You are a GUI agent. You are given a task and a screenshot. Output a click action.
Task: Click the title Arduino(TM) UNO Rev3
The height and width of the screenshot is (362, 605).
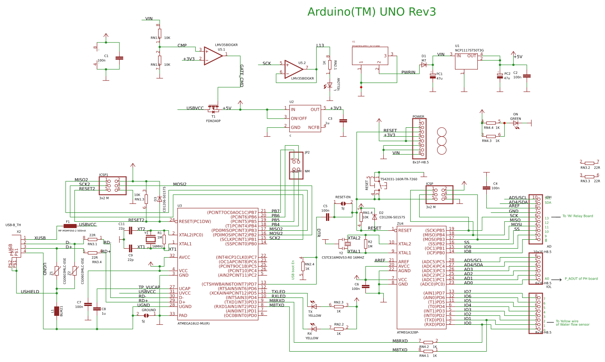pos(371,12)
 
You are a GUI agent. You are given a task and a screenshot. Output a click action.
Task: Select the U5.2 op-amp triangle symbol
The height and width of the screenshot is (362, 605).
pos(293,68)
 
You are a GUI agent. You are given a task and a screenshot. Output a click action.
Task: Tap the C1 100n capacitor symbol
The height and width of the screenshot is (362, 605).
pos(119,58)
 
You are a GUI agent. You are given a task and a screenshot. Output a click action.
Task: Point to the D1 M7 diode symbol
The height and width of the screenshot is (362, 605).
pos(424,65)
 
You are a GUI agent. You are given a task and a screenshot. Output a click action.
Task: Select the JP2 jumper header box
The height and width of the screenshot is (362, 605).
pos(296,165)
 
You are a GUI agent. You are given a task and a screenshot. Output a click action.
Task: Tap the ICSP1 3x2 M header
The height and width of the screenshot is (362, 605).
pos(112,185)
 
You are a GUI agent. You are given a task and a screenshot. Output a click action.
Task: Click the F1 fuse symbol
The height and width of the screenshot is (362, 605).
pos(70,226)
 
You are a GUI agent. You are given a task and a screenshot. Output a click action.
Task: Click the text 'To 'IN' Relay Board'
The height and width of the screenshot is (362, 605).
pos(577,216)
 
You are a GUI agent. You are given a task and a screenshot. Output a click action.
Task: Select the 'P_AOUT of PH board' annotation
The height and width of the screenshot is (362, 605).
pos(581,278)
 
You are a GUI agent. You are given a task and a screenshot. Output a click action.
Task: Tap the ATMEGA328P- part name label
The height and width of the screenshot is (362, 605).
pos(410,332)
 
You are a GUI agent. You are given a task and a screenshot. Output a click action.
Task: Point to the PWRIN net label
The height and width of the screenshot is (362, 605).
pos(408,72)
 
